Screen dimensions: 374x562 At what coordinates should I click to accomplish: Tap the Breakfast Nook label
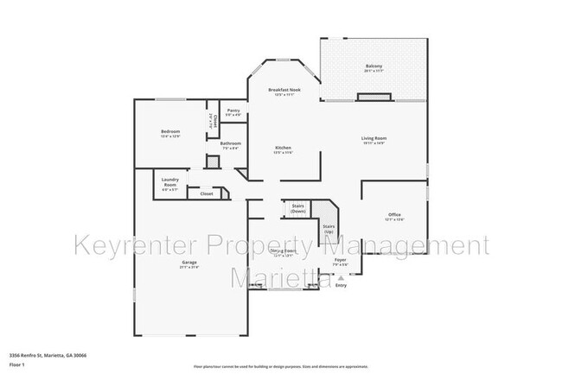click(283, 90)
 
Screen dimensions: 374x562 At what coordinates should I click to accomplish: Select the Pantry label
click(233, 111)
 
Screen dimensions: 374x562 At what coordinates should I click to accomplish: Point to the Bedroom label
click(169, 131)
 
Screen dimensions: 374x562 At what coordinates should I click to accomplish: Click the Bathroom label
click(230, 143)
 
